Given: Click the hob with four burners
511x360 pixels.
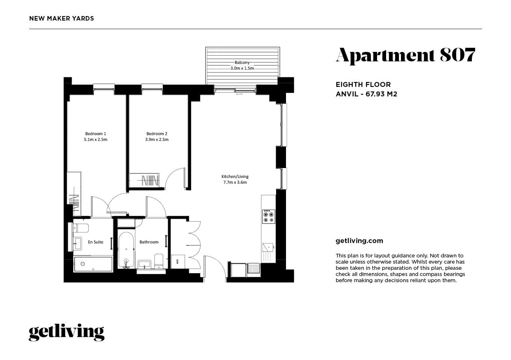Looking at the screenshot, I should [268, 217].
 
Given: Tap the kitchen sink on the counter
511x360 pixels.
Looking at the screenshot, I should [268, 248].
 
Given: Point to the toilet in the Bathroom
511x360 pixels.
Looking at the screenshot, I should [159, 261].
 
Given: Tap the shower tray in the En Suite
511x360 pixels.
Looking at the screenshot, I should [93, 264].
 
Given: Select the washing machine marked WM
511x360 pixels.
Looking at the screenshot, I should [178, 262].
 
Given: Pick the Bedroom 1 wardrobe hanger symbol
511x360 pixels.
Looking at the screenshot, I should [74, 204].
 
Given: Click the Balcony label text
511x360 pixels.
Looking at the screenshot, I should [242, 63].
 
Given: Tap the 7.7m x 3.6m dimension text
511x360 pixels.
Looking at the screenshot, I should [235, 182].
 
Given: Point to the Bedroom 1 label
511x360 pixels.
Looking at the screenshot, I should [96, 133].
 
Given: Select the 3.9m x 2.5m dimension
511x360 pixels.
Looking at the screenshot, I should [157, 139].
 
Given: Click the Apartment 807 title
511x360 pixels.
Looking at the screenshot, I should [406, 56].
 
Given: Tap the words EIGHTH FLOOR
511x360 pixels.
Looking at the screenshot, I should [363, 85].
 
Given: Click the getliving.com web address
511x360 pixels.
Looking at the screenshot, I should [359, 241].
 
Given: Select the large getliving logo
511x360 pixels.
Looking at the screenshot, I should [66, 332].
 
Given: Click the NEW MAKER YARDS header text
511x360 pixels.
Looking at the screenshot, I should [62, 19].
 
